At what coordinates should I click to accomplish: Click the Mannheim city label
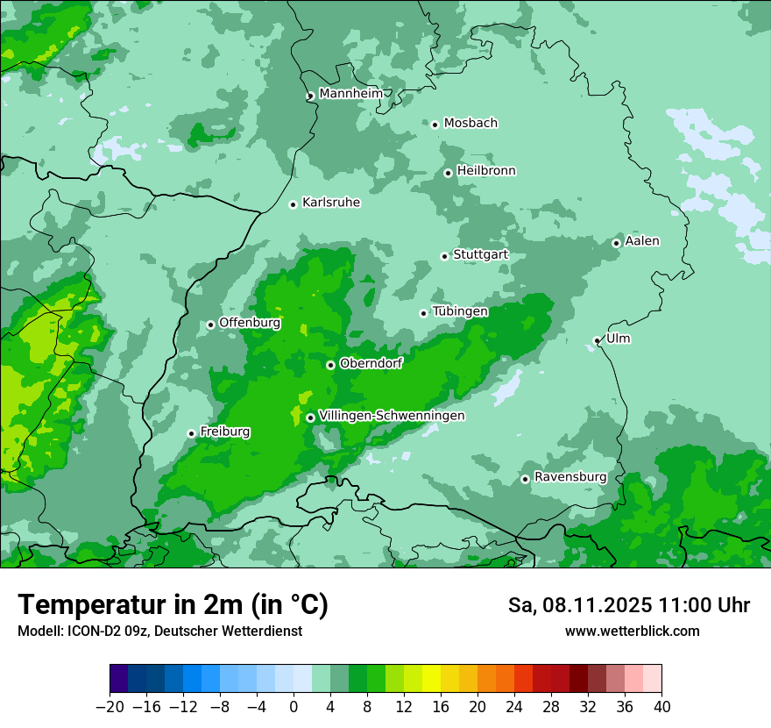tap(351, 93)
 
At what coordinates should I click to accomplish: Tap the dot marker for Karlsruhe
tap(294, 204)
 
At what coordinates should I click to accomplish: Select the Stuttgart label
tap(480, 255)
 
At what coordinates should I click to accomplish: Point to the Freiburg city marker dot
tap(191, 433)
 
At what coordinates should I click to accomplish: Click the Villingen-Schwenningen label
tap(392, 416)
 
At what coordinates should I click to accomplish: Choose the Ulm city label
tap(618, 339)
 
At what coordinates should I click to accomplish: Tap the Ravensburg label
tap(570, 477)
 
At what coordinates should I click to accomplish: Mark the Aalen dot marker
tap(616, 243)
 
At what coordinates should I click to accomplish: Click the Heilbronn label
tap(486, 171)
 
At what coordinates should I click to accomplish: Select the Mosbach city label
tap(470, 124)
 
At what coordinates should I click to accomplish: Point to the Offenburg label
tap(250, 323)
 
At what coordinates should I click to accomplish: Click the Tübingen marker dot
tap(423, 313)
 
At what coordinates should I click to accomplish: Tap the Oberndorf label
tap(371, 363)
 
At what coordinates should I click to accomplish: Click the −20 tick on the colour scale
tap(110, 707)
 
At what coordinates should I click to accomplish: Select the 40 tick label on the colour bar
tap(661, 707)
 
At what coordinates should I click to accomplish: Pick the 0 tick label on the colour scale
tap(294, 707)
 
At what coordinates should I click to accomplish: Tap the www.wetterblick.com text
tap(632, 632)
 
